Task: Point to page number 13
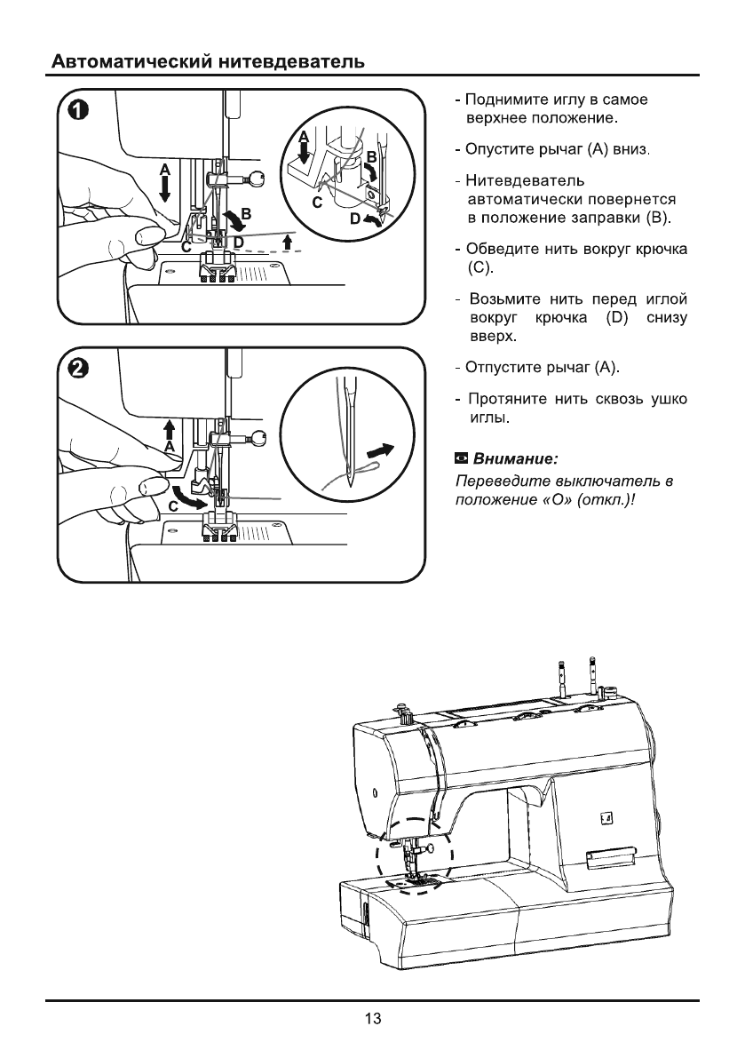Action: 373,1018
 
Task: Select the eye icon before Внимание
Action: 461,459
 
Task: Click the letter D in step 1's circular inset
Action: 353,219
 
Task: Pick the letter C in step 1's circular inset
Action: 316,203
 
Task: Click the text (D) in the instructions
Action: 617,318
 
